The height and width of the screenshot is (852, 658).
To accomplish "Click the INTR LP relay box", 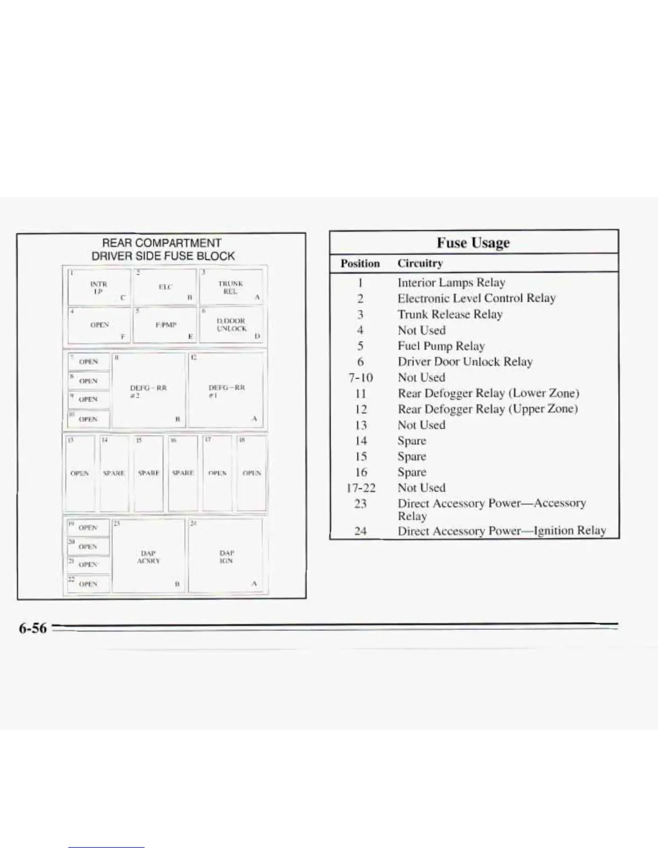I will click(99, 287).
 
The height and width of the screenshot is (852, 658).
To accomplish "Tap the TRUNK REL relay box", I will click(231, 287).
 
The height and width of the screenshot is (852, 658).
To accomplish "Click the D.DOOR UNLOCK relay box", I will click(231, 325).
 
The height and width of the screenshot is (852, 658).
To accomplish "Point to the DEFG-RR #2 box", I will click(149, 390).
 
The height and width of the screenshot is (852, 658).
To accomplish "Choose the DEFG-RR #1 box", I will click(226, 390).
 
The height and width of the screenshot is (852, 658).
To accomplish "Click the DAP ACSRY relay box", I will click(148, 556).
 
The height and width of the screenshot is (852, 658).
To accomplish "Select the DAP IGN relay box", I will click(226, 556).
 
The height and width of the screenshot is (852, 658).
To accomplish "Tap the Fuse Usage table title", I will click(473, 243).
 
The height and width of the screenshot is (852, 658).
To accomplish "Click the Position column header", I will click(360, 264).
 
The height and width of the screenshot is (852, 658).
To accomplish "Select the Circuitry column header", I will click(420, 264).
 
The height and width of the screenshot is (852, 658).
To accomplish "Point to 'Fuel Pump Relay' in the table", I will click(441, 346).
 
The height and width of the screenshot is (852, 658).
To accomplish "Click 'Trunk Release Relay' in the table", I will click(450, 314).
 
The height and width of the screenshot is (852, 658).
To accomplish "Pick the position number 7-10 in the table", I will click(361, 378).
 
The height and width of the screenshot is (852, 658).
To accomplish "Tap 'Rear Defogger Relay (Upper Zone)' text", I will click(488, 409).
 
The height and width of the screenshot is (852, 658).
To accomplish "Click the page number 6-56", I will click(33, 628).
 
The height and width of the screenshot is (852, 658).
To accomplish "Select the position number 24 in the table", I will click(361, 531).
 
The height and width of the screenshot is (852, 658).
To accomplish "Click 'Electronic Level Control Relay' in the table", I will click(476, 298).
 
